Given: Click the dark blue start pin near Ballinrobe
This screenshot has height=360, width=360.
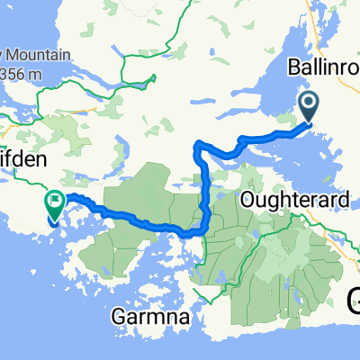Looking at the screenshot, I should click(x=309, y=107).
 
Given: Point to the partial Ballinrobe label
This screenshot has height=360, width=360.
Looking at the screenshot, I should click(x=321, y=67).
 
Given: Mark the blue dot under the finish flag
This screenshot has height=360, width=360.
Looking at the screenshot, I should click(x=55, y=220).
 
